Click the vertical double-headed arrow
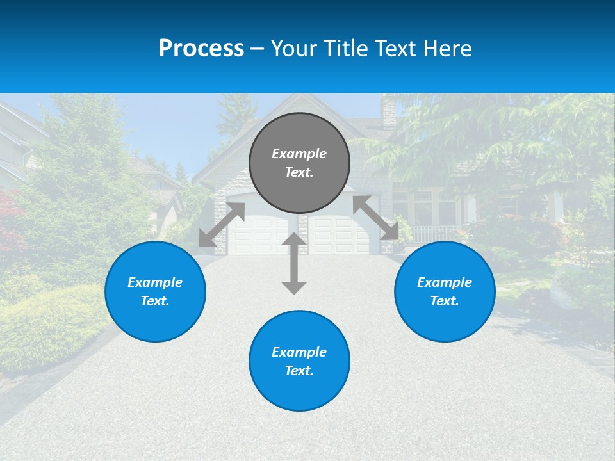pyautogui.click(x=294, y=263)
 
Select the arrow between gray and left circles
pyautogui.click(x=222, y=225)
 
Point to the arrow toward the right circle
pyautogui.click(x=375, y=218)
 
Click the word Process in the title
pyautogui.click(x=201, y=49)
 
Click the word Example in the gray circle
pyautogui.click(x=299, y=154)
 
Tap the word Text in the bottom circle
pyautogui.click(x=299, y=371)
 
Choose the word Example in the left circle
pyautogui.click(x=155, y=282)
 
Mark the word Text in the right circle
pyautogui.click(x=445, y=301)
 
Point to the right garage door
pyautogui.click(x=338, y=235)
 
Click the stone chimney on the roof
pyautogui.click(x=389, y=113)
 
